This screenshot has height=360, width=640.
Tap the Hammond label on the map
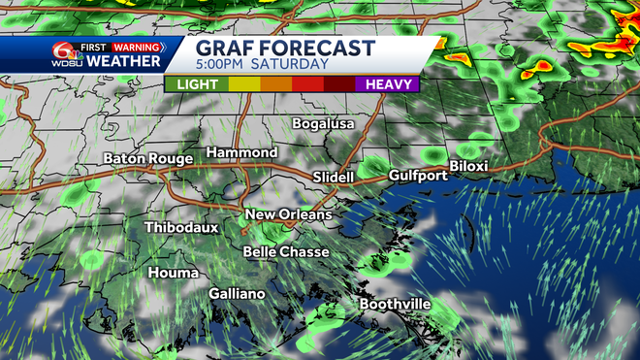[x=241, y=152]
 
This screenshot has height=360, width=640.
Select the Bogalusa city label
[x=324, y=124]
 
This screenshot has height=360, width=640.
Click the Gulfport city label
[x=418, y=176]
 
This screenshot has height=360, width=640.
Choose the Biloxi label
[x=468, y=166]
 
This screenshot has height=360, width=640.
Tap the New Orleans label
[x=288, y=214]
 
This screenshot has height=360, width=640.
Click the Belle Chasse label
[x=286, y=251]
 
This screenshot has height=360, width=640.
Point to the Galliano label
[x=237, y=293]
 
